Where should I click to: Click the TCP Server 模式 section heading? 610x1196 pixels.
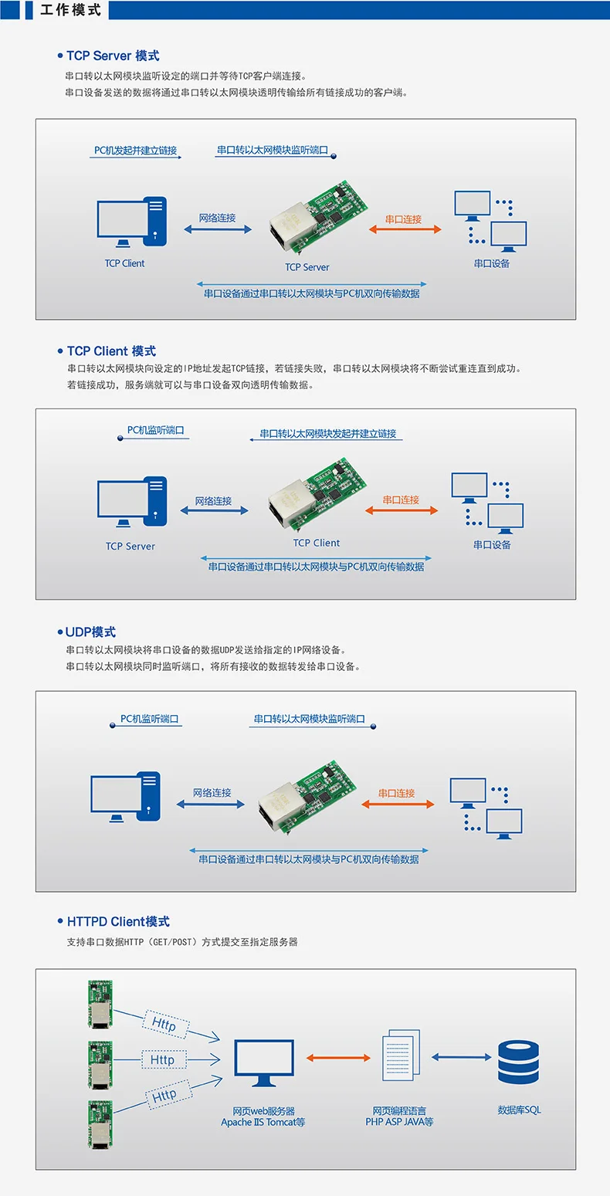click(x=113, y=56)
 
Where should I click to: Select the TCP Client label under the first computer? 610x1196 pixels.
click(x=124, y=263)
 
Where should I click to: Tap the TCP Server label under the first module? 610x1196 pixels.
click(x=307, y=267)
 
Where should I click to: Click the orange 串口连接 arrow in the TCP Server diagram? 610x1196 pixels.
click(x=405, y=229)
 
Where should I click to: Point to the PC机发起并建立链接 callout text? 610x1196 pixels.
click(x=135, y=151)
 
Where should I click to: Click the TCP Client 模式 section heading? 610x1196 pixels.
click(x=111, y=351)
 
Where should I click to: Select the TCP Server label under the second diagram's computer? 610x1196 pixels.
click(x=130, y=546)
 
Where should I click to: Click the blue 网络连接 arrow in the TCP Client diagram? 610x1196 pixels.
click(x=214, y=510)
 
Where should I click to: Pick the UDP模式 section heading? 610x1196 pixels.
click(x=90, y=632)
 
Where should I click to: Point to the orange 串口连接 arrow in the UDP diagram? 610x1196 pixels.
click(x=398, y=804)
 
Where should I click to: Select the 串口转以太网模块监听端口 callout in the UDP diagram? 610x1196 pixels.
click(x=309, y=719)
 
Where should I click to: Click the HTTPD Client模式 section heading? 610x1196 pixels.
click(x=118, y=921)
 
